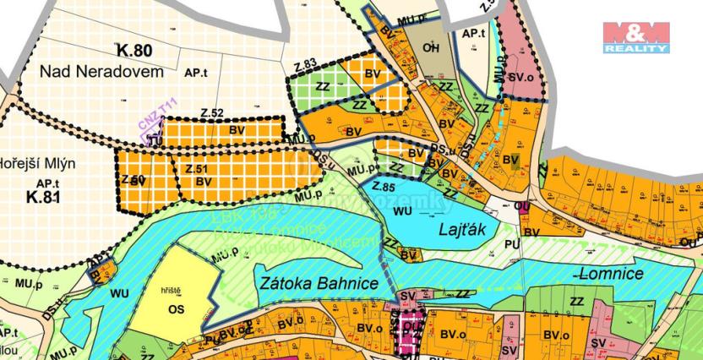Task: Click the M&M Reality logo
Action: coord(635,38)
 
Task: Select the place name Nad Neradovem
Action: coord(101,74)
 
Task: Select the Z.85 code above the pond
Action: coord(383,185)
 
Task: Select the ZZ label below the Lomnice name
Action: coord(578,302)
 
